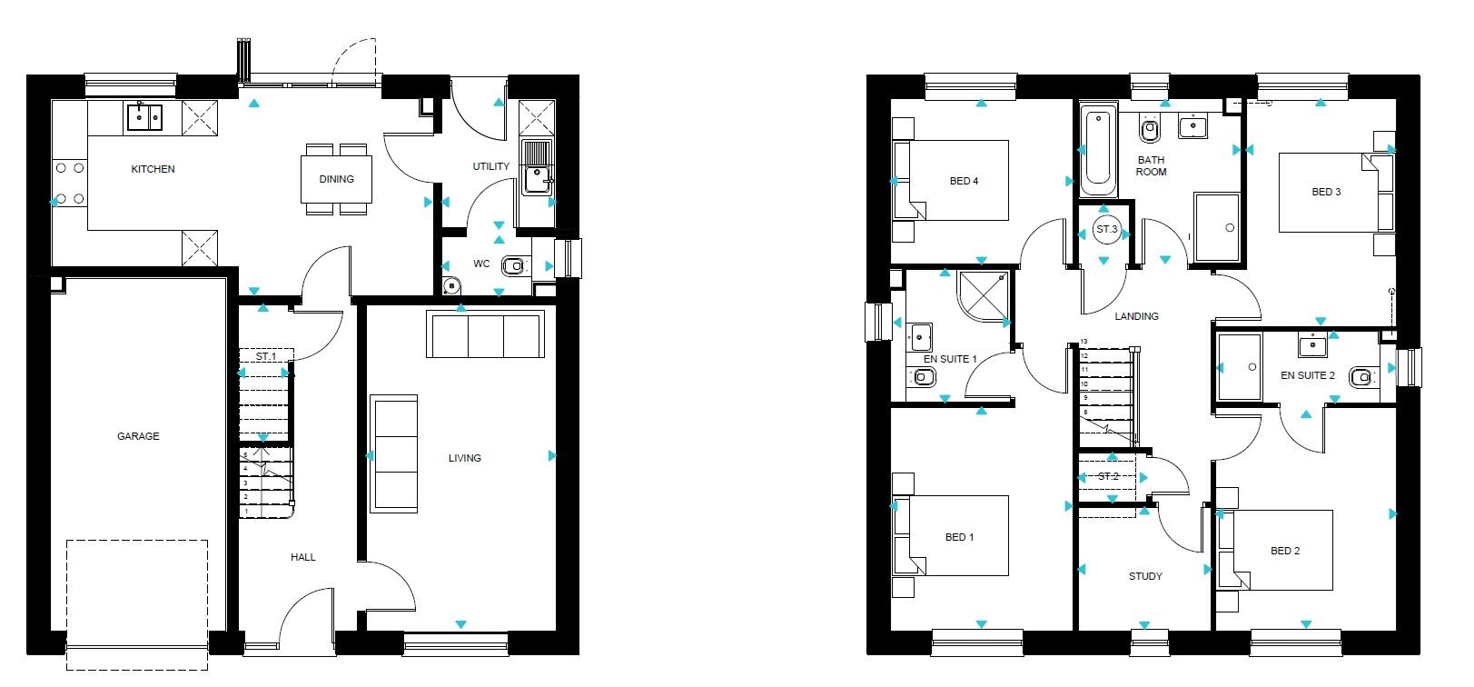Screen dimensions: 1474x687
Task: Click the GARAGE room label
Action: (x=138, y=436)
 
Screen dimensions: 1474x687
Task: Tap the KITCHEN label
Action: (x=153, y=169)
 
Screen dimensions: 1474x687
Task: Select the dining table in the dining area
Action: (x=336, y=179)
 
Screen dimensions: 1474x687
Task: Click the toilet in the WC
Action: (x=514, y=266)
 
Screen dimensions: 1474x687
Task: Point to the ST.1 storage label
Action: (x=266, y=356)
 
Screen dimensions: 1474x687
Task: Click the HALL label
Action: (x=302, y=557)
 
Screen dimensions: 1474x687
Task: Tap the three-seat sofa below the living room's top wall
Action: (x=485, y=334)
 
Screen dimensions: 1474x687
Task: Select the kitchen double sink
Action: (x=144, y=117)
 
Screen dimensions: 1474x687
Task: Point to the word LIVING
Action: (x=465, y=458)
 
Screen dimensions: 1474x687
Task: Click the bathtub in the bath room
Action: (x=1098, y=150)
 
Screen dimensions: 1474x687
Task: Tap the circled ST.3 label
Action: (x=1106, y=229)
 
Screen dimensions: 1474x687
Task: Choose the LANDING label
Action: (x=1136, y=316)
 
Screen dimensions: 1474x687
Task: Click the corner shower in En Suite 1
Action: (x=983, y=295)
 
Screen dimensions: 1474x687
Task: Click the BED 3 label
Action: (x=1326, y=192)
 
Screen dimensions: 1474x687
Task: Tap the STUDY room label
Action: (x=1145, y=576)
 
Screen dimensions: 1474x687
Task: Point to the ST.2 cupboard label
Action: (x=1108, y=476)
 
